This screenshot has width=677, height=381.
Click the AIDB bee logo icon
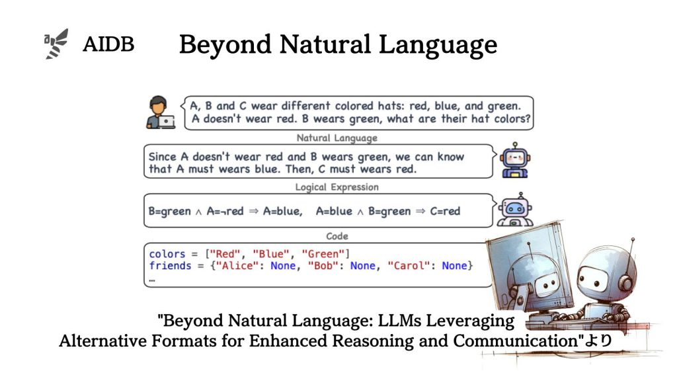(56, 44)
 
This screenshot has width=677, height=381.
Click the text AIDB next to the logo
(108, 44)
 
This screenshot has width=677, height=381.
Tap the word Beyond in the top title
(225, 45)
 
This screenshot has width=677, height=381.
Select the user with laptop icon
(161, 112)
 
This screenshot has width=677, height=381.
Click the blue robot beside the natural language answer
(514, 160)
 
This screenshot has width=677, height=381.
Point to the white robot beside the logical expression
(514, 210)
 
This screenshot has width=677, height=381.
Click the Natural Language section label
(337, 138)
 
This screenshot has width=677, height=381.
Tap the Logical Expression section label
(337, 187)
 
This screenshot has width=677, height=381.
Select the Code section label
(337, 236)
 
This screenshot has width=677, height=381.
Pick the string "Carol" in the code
(409, 266)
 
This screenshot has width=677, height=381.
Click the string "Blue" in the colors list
(270, 253)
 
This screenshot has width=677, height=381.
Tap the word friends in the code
(170, 266)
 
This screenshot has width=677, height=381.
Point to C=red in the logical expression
(445, 211)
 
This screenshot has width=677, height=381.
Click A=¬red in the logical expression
(225, 211)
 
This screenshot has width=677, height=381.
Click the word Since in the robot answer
(163, 157)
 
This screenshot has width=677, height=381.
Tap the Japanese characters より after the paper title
(598, 341)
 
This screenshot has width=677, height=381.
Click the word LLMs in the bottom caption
(399, 321)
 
